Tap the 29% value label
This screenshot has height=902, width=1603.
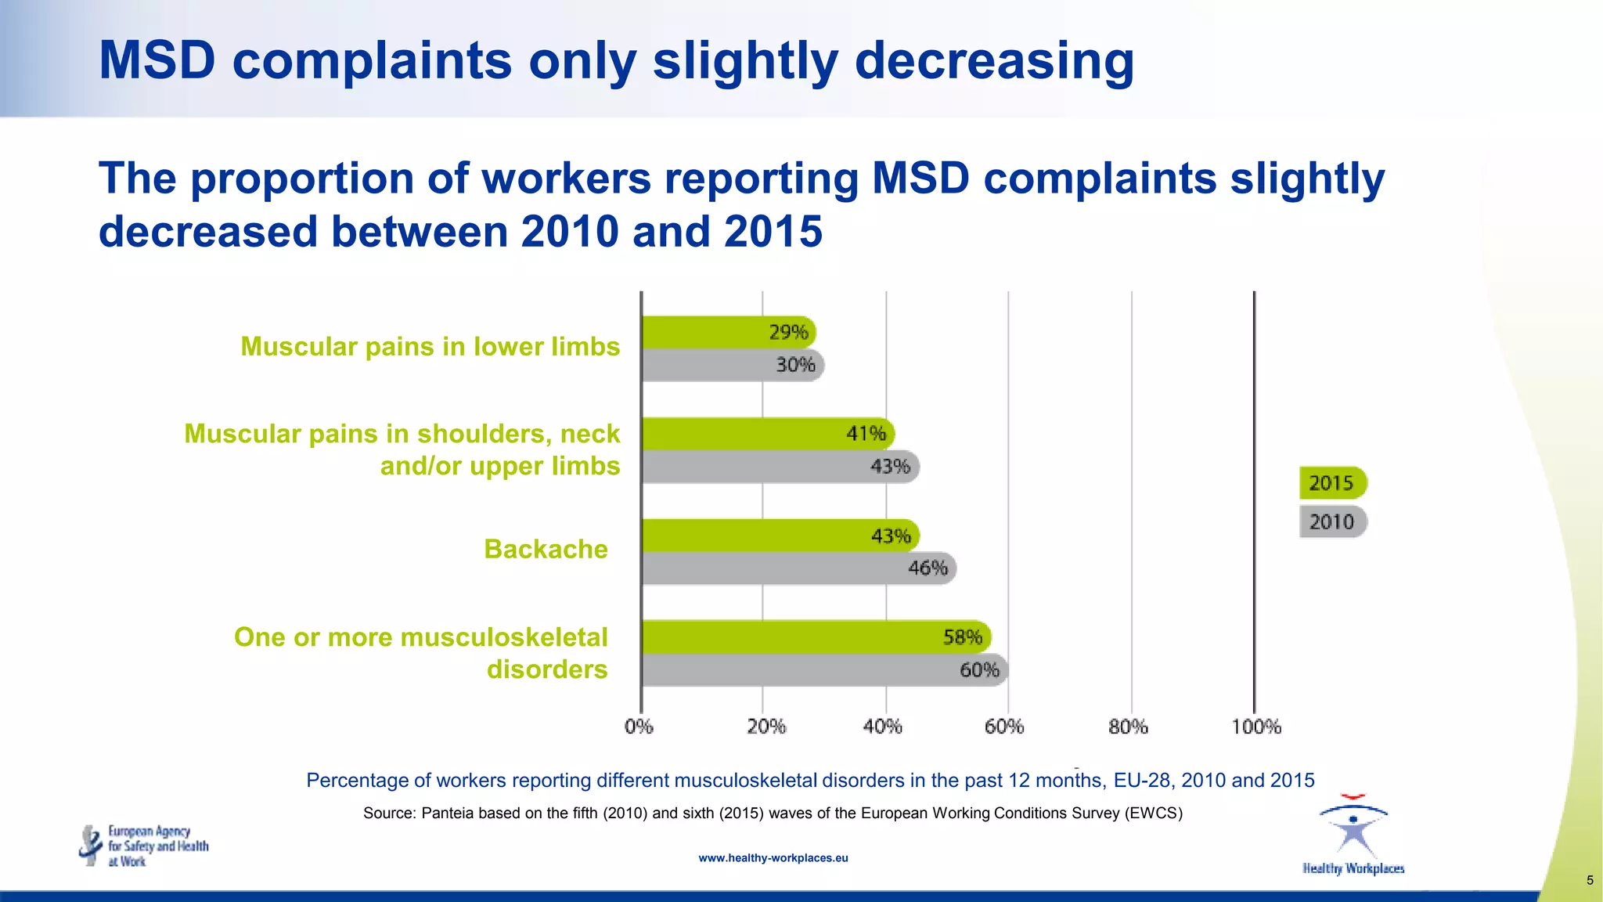788,333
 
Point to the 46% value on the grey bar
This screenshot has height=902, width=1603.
928,568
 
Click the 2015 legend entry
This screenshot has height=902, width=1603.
1332,483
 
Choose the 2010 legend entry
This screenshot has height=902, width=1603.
1332,522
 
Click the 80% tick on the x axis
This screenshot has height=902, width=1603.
1128,727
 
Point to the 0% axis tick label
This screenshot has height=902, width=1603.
639,727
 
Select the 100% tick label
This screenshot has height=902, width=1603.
1255,727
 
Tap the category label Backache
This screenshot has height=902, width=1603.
546,550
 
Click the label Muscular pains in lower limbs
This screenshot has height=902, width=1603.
430,347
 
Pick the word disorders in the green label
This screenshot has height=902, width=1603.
547,670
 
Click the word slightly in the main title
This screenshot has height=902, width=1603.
745,61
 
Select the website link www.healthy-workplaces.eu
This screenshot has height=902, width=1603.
773,858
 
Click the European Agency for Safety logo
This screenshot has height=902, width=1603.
144,846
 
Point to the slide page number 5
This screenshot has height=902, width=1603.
1589,881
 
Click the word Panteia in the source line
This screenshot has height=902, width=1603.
447,814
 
